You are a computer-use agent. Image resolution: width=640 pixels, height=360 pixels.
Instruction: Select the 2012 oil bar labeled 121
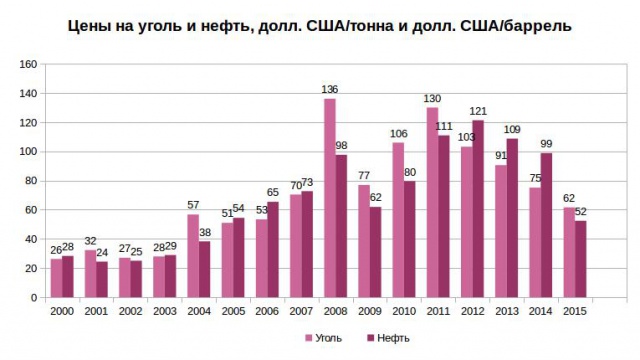point(478,209)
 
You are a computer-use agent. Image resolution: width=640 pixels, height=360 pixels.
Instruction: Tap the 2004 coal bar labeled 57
point(193,256)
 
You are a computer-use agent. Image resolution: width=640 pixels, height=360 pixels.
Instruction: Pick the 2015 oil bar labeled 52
point(580,259)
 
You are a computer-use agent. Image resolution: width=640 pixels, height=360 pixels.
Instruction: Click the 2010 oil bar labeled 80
point(409,239)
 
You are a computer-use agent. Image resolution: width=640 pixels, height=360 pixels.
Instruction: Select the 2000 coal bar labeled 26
point(56,278)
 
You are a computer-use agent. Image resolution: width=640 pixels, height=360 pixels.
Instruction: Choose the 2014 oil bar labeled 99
point(546,225)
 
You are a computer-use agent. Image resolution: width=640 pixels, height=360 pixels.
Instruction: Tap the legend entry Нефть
point(391,338)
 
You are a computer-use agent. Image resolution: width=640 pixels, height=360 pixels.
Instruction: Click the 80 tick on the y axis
point(31,181)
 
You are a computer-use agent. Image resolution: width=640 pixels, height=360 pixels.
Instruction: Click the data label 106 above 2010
point(397,134)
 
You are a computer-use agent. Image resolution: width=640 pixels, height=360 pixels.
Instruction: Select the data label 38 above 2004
point(205,233)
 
